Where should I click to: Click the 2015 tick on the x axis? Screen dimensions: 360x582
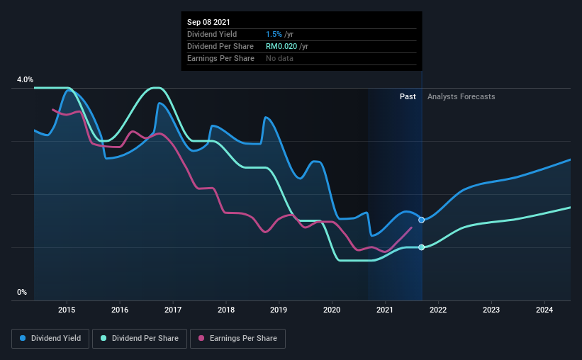[x=67, y=310]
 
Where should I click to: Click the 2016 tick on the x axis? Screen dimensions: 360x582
[x=120, y=310]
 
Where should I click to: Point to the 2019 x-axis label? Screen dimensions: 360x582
[x=279, y=310]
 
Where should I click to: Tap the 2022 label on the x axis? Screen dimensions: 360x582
[x=438, y=310]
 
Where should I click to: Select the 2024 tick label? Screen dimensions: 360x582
[x=544, y=310]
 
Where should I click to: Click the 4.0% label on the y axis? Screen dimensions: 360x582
[x=25, y=80]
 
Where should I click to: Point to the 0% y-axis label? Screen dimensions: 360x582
[x=22, y=292]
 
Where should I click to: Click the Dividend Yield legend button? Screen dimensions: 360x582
[x=50, y=339]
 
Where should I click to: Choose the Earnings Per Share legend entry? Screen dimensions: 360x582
[x=238, y=339]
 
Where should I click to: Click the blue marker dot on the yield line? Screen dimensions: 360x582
[x=422, y=220]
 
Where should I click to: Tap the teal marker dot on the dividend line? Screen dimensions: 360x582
[x=422, y=247]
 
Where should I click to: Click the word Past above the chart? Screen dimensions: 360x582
[x=408, y=97]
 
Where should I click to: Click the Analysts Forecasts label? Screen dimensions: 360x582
[x=461, y=97]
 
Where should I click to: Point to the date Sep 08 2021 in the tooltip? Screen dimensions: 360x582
[x=209, y=23]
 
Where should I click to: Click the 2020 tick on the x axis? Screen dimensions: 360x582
[x=332, y=310]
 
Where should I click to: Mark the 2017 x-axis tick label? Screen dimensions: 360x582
[x=173, y=310]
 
